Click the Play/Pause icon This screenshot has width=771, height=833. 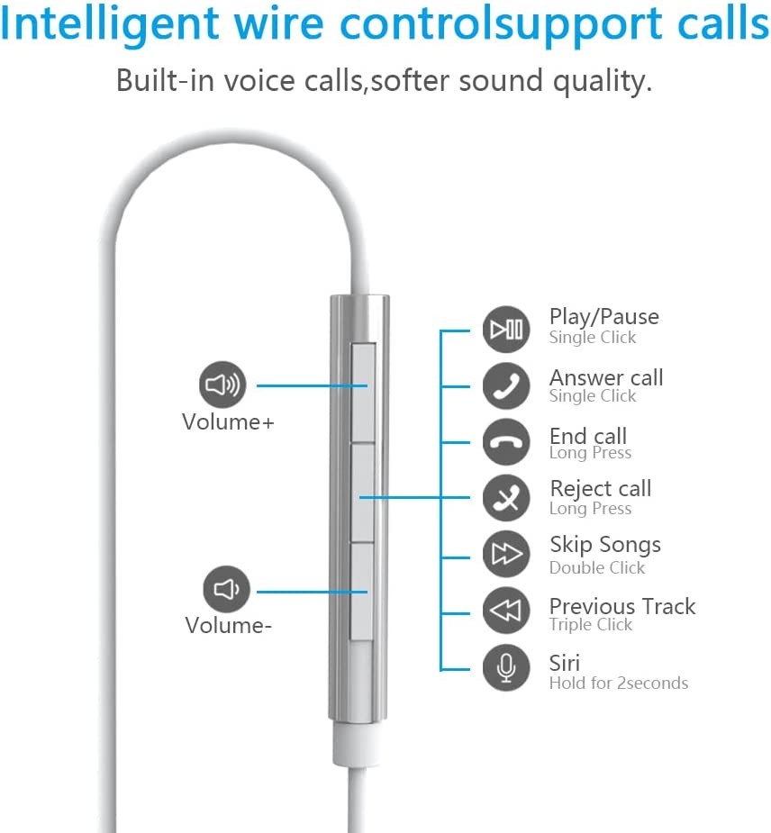click(506, 330)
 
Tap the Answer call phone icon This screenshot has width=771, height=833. click(506, 385)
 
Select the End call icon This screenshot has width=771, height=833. click(506, 442)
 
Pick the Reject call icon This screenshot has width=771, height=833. click(506, 498)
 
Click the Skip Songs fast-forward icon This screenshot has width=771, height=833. click(506, 554)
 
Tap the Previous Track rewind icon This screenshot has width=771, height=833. click(506, 611)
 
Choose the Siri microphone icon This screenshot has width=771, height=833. click(506, 668)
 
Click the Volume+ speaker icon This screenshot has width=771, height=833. click(222, 385)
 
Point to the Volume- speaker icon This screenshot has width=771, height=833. click(226, 589)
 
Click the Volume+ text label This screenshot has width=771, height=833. click(228, 422)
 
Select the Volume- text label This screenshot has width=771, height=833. click(228, 625)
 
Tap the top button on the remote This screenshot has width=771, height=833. click(364, 394)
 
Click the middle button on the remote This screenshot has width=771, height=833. click(363, 493)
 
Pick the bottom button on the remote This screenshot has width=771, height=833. click(362, 592)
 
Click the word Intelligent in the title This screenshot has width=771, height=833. click(110, 24)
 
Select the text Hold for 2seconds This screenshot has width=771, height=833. click(619, 683)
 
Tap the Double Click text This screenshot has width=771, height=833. click(597, 567)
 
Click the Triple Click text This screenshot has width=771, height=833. click(591, 625)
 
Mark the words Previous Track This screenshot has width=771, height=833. click(622, 606)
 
